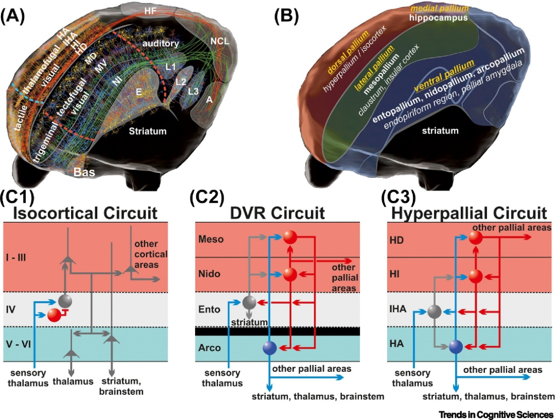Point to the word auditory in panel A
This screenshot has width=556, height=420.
(x=162, y=44)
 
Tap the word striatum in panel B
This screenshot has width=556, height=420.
(x=440, y=131)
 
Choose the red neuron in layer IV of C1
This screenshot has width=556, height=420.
(x=54, y=315)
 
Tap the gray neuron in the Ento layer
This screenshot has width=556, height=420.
(x=249, y=303)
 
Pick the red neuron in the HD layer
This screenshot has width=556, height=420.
(x=476, y=238)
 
